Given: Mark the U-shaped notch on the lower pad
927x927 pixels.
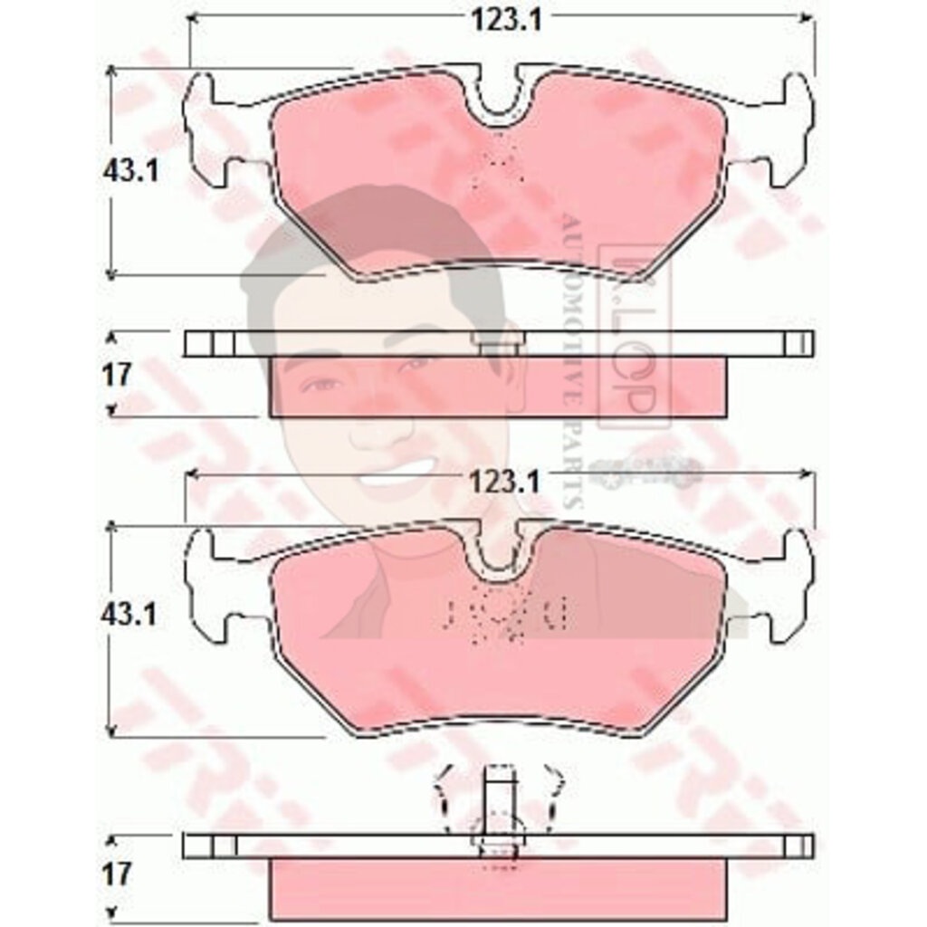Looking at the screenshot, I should [x=500, y=552].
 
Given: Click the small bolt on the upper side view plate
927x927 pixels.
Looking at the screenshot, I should [x=496, y=344].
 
